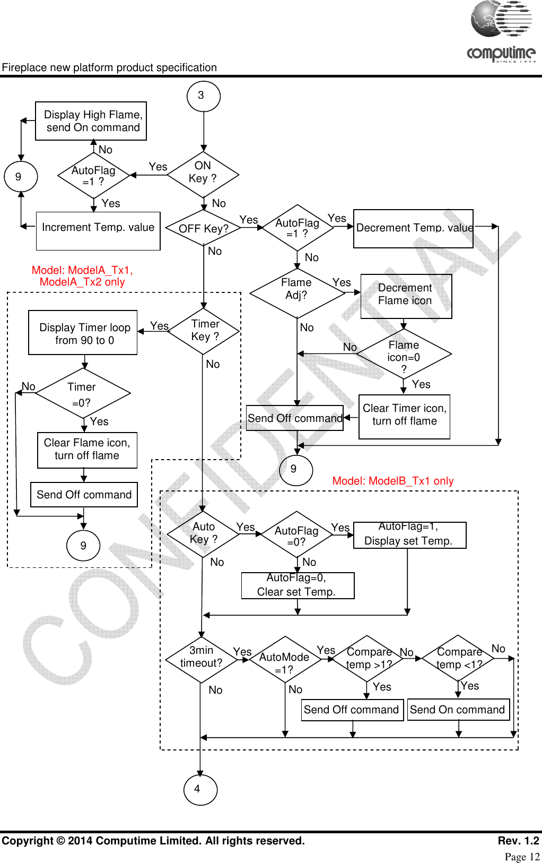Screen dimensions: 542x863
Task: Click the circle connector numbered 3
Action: coord(204,96)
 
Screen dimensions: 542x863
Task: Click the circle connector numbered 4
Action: coord(200,790)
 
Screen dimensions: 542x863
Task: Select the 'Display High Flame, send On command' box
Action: coord(91,121)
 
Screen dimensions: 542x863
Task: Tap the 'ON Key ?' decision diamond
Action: coord(203,175)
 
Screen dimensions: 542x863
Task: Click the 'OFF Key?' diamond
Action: coord(203,228)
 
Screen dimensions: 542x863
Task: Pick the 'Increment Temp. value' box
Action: coord(98,231)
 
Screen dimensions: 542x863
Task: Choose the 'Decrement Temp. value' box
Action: coord(414,228)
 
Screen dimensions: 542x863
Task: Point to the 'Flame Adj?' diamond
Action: coord(297,293)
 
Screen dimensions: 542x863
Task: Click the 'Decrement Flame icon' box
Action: coord(406,296)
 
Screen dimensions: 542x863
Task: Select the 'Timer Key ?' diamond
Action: coord(204,331)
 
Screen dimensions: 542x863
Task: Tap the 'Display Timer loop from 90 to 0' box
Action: coord(83,332)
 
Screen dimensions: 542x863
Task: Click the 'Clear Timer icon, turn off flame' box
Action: coord(404,417)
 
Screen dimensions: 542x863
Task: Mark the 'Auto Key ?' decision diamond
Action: coord(203,534)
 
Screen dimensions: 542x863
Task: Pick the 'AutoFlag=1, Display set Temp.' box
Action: coord(409,535)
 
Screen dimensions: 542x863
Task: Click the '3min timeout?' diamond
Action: coord(202,659)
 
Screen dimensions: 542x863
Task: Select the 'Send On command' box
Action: coord(458,710)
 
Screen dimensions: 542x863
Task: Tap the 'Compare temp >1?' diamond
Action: coord(367,659)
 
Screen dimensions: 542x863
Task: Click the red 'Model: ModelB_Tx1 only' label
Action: coord(393,481)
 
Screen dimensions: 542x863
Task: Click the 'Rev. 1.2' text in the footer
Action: coord(518,841)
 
